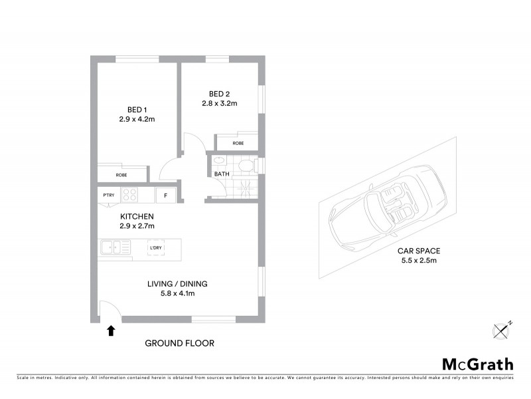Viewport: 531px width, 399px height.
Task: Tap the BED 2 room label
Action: (x=219, y=93)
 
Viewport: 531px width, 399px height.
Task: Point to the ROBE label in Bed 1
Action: (x=121, y=175)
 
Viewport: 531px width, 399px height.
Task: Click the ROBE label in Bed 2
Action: (x=238, y=144)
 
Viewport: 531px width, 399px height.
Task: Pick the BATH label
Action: (x=221, y=174)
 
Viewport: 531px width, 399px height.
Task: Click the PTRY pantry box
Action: (x=108, y=195)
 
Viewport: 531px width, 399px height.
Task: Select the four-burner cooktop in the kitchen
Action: (x=130, y=195)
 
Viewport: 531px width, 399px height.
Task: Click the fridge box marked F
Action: (x=165, y=196)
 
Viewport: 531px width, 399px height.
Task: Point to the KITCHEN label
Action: (x=137, y=217)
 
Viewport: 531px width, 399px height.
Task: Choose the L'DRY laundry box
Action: (x=156, y=248)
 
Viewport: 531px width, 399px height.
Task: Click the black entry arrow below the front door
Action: (x=111, y=330)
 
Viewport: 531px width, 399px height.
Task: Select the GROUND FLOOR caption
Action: (x=179, y=344)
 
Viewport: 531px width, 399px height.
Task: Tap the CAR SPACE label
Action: (x=419, y=251)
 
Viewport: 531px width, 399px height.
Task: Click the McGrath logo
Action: (x=477, y=364)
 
